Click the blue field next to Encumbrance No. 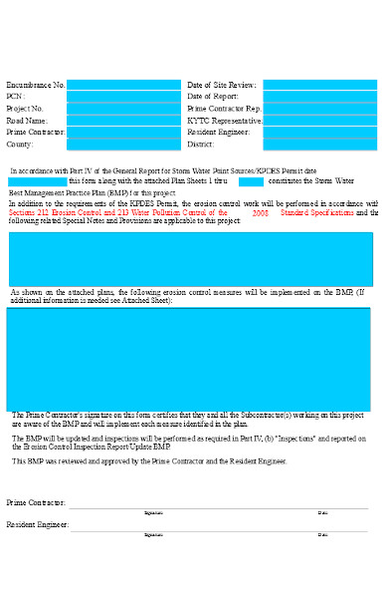point(123,86)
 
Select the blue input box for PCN point(123,97)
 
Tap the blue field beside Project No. point(123,109)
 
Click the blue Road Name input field point(123,121)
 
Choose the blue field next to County point(123,145)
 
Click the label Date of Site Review point(221,86)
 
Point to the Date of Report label point(213,97)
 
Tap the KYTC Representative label point(225,121)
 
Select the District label point(201,145)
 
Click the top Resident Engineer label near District point(219,133)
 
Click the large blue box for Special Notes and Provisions point(190,259)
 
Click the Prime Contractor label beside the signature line point(36,503)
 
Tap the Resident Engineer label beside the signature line point(38,524)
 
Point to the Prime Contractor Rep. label point(224,109)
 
